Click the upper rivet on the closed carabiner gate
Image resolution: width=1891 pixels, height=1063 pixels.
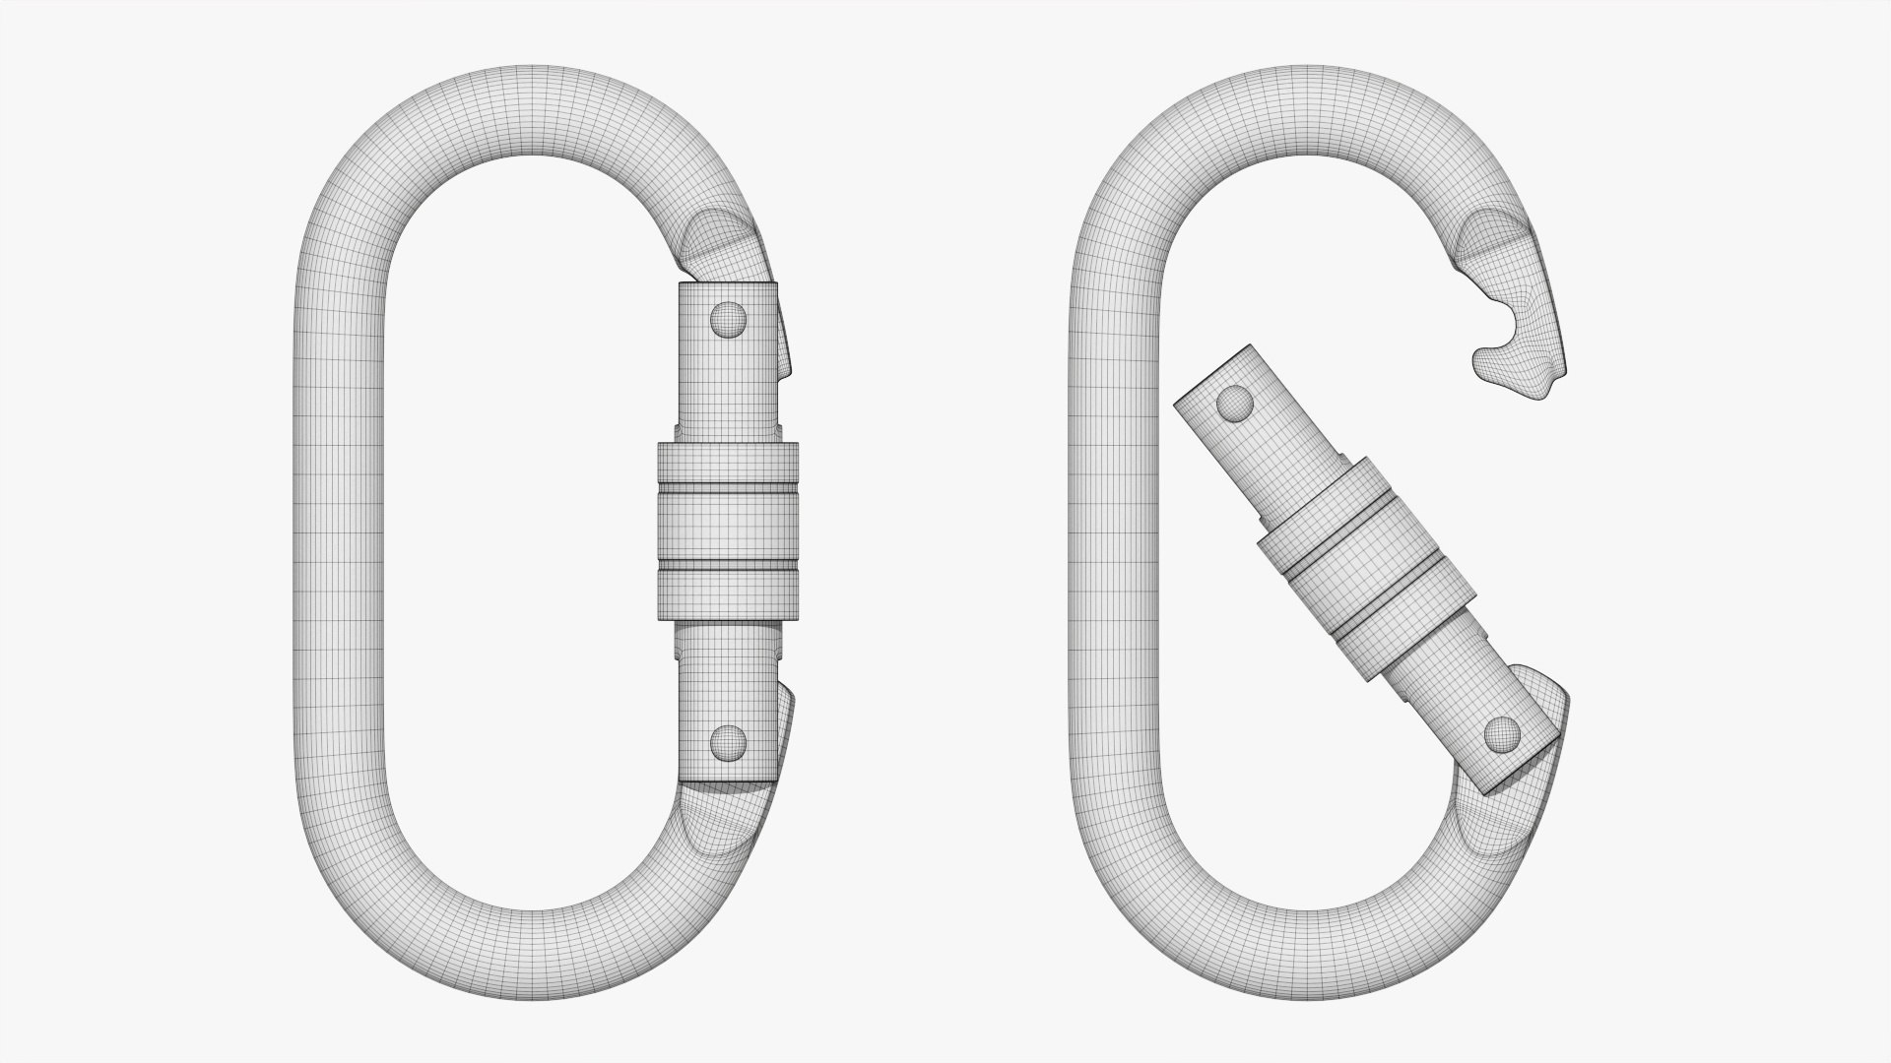[x=729, y=319]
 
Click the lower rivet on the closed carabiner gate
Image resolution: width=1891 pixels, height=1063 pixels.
[x=729, y=742]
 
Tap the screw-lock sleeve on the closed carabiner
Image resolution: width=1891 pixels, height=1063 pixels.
[x=727, y=531]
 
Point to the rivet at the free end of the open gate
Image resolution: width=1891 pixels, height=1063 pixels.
[x=1234, y=403]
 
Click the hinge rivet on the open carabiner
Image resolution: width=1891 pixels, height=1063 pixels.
[x=1502, y=732]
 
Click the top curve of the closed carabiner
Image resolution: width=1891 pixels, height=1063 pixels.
[x=532, y=113]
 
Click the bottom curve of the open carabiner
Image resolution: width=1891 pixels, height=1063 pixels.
[x=1310, y=950]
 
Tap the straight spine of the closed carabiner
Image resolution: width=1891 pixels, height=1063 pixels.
[x=340, y=531]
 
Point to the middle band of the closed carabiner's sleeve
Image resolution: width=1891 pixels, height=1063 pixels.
[x=727, y=531]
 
